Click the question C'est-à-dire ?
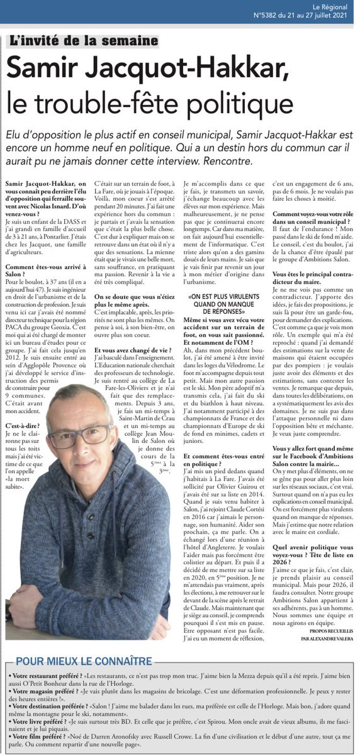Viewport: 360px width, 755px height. click(x=20, y=425)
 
